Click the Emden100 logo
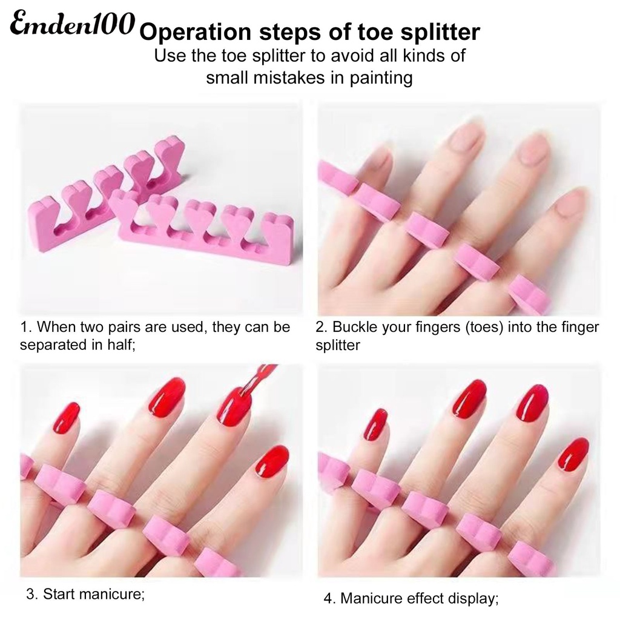pos(71,25)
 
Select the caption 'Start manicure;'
pos(94,594)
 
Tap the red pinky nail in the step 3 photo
pos(66,418)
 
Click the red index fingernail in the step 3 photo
pos(272,461)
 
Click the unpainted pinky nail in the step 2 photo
pos(378,158)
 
